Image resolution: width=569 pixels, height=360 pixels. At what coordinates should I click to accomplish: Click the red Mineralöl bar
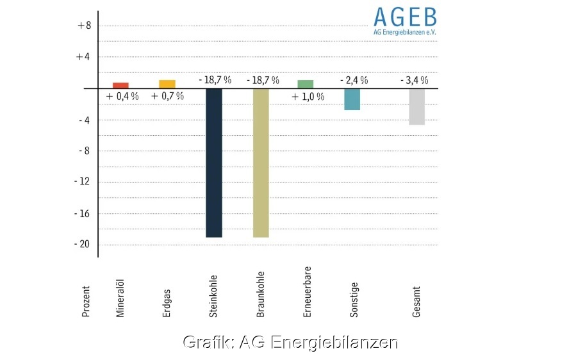[120, 85]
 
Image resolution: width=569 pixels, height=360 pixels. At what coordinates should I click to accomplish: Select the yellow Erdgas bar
[167, 84]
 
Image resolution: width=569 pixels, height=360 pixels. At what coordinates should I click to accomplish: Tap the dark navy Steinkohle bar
[213, 163]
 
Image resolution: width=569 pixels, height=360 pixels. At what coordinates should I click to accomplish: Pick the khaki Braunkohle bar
[261, 163]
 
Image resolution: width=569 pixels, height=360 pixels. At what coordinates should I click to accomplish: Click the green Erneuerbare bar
[306, 84]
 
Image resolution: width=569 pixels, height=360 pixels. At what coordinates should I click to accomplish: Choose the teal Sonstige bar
[352, 99]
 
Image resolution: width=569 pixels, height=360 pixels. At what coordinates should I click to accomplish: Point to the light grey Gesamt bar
[416, 106]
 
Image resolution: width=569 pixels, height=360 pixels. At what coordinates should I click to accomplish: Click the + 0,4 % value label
[122, 96]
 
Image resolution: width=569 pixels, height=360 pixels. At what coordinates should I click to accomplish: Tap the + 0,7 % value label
[167, 96]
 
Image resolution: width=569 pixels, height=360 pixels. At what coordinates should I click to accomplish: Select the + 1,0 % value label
[308, 97]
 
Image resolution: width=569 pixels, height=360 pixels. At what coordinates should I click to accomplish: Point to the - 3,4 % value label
[413, 80]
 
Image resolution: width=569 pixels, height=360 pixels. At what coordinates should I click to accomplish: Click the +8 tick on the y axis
[84, 26]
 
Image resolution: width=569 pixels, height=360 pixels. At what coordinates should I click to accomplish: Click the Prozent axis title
[87, 302]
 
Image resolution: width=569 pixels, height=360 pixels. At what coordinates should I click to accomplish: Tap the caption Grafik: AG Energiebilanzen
[290, 342]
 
